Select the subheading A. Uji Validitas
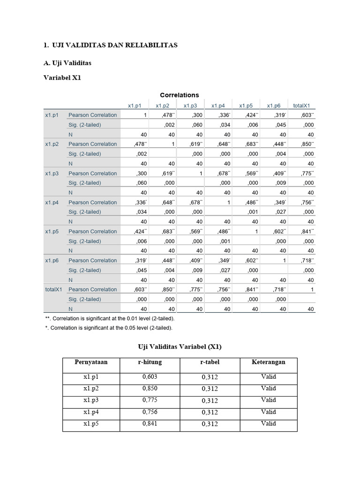67,63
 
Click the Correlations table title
180,95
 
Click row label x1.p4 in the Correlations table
52,202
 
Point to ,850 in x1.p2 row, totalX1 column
307,144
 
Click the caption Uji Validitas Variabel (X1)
180,347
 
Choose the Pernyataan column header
91,362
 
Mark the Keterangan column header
268,362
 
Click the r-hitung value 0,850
150,389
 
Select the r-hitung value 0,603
150,377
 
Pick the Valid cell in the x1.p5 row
269,424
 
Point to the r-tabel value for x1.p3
210,401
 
